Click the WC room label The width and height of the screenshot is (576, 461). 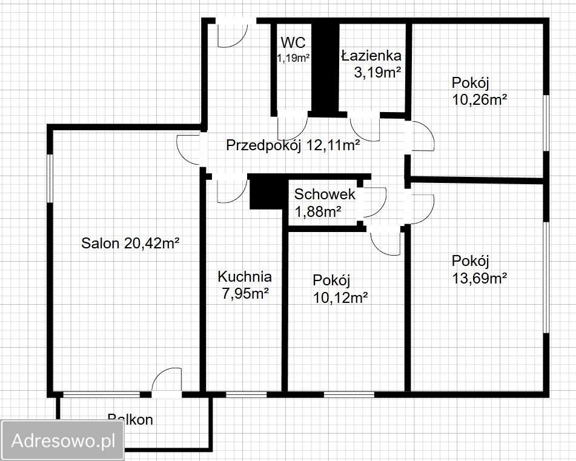pyautogui.click(x=293, y=42)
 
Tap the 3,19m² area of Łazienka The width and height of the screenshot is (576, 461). pyautogui.click(x=377, y=72)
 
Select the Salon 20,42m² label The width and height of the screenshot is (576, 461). pyautogui.click(x=130, y=243)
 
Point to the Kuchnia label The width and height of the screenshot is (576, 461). pyautogui.click(x=245, y=276)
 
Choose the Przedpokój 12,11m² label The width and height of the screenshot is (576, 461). pyautogui.click(x=293, y=145)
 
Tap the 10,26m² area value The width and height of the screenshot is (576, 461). pyautogui.click(x=479, y=99)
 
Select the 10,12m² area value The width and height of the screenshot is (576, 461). pyautogui.click(x=340, y=297)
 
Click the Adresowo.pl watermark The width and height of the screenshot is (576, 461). pyautogui.click(x=63, y=440)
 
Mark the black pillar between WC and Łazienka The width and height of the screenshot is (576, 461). pyautogui.click(x=325, y=68)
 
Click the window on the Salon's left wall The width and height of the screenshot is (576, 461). pyautogui.click(x=50, y=178)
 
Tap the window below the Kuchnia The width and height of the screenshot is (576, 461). pyautogui.click(x=246, y=394)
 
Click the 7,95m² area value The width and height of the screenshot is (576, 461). pyautogui.click(x=245, y=293)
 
